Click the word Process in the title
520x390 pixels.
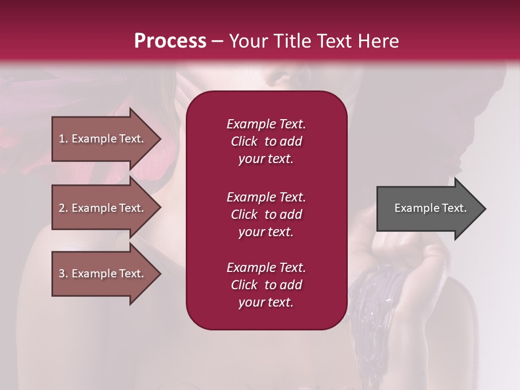(170, 41)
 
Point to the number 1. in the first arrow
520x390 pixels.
(63, 139)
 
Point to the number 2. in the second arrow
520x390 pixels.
(63, 208)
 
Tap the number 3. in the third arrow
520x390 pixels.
(63, 274)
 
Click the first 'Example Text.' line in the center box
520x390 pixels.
(266, 124)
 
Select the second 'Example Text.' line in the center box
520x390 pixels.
(266, 197)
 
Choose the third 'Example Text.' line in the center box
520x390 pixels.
(266, 268)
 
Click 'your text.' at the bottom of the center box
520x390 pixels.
(266, 302)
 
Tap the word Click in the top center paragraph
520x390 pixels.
(244, 141)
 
